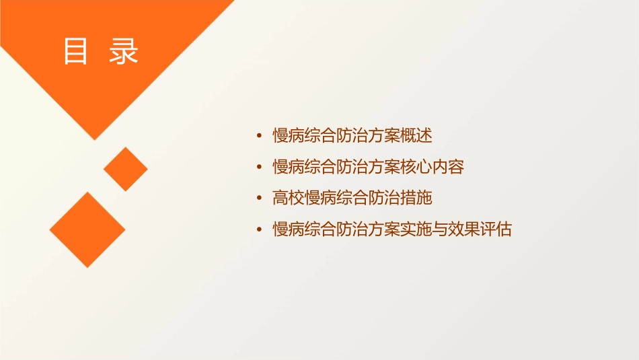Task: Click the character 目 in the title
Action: (75, 51)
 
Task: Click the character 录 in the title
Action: (124, 51)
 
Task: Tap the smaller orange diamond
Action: (125, 169)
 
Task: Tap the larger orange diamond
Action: (87, 229)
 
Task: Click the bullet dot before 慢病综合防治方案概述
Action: (260, 136)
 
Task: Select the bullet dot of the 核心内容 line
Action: (260, 168)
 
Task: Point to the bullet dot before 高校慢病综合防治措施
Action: (260, 199)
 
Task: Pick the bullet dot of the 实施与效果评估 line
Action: (260, 230)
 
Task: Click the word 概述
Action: (416, 136)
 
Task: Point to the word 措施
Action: (416, 199)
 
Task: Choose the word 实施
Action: (416, 230)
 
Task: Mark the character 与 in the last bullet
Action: (441, 230)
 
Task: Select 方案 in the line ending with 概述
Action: (384, 136)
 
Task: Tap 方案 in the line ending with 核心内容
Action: (384, 168)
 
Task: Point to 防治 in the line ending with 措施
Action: (384, 199)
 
